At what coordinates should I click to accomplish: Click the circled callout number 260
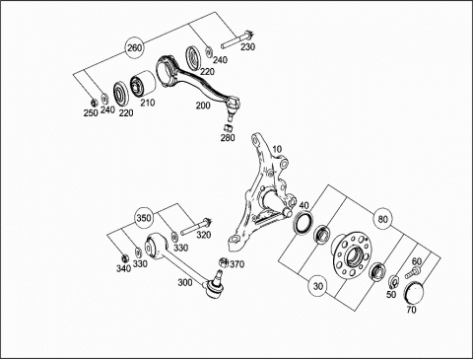click(135, 48)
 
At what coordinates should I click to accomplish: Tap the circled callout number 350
click(144, 218)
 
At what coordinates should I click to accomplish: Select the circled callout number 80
click(382, 219)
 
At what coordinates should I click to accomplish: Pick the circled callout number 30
click(317, 286)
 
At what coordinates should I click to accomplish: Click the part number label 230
click(247, 47)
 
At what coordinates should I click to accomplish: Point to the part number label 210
click(148, 103)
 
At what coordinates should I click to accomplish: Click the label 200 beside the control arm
click(203, 106)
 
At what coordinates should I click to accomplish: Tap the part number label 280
click(228, 137)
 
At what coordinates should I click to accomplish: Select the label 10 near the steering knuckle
click(277, 149)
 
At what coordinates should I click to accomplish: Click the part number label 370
click(237, 264)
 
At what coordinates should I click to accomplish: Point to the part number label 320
click(204, 235)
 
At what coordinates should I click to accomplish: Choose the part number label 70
click(411, 310)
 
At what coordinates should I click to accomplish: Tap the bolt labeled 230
click(236, 39)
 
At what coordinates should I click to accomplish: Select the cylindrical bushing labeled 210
click(143, 84)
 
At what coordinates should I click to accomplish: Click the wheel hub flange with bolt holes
click(351, 253)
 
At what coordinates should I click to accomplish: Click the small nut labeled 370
click(224, 262)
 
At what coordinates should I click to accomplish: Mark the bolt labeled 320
click(195, 227)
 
